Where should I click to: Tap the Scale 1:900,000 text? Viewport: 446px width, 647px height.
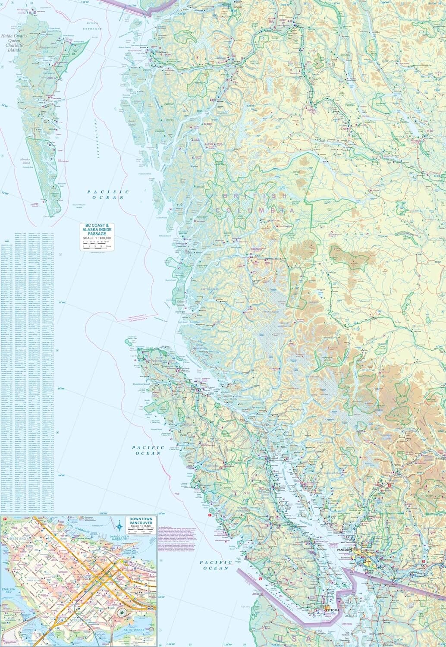pyautogui.click(x=94, y=239)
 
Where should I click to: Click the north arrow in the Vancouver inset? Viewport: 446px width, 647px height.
pyautogui.click(x=118, y=525)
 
